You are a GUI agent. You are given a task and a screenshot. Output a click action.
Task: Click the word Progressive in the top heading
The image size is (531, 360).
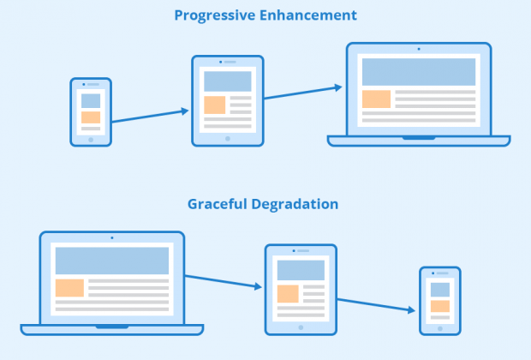(x=215, y=15)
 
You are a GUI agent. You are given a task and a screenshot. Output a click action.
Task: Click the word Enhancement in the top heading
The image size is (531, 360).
(x=308, y=15)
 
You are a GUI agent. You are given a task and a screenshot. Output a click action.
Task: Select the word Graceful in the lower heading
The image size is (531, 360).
(x=218, y=204)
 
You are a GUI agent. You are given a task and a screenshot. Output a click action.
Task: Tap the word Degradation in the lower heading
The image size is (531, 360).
(x=295, y=204)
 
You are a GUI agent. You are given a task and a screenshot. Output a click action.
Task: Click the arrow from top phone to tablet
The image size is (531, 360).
(x=150, y=116)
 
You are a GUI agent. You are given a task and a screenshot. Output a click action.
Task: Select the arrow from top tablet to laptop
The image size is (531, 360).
(x=302, y=92)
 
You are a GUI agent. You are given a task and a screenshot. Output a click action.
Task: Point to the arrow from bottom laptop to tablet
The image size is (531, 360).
(x=224, y=282)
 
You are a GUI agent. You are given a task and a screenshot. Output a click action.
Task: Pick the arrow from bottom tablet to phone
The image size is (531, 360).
(x=376, y=305)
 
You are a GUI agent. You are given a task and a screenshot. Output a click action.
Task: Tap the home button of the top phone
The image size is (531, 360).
(x=91, y=140)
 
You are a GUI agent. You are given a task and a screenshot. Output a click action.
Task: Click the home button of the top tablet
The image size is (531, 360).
(x=228, y=139)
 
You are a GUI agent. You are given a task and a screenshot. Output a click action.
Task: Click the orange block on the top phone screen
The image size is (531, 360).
(x=91, y=117)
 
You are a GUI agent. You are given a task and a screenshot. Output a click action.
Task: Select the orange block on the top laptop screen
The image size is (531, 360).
(x=376, y=99)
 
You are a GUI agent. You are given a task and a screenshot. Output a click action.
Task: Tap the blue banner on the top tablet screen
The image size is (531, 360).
(x=228, y=81)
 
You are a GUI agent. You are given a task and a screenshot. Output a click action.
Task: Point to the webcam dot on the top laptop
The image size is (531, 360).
(x=419, y=49)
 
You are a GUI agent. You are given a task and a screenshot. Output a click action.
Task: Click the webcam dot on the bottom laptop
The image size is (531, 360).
(x=112, y=238)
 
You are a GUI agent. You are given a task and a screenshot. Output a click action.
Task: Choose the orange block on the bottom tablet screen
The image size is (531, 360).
(x=288, y=293)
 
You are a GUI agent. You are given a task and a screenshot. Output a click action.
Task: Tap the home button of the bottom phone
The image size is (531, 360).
(x=440, y=328)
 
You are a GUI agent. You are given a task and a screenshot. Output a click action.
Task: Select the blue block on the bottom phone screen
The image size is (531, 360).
(x=440, y=290)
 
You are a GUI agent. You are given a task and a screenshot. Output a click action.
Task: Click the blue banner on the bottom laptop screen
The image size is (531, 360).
(x=112, y=261)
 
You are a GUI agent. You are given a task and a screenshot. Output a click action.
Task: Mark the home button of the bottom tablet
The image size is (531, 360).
(x=301, y=327)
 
